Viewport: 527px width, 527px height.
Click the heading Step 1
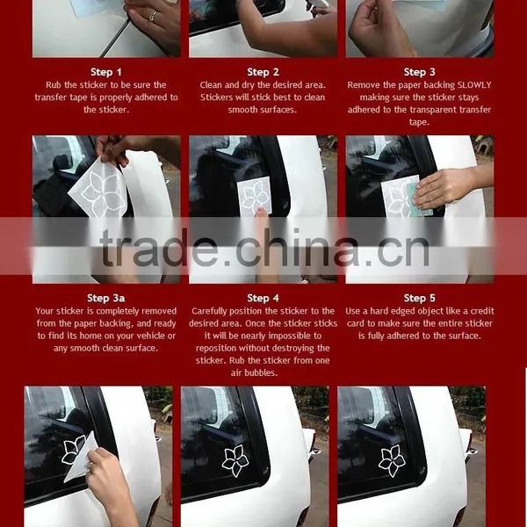click(x=106, y=72)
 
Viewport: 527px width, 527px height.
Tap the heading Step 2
click(x=263, y=72)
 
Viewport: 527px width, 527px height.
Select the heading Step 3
click(x=420, y=72)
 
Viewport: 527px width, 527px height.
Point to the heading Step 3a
click(x=106, y=298)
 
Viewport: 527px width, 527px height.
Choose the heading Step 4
click(x=263, y=298)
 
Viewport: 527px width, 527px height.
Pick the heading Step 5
click(x=420, y=298)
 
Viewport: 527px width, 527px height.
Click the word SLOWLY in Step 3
click(x=474, y=85)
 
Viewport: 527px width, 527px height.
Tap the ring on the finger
click(x=153, y=16)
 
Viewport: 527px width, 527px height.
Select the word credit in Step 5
click(x=482, y=311)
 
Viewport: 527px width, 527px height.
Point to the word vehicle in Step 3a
click(x=146, y=336)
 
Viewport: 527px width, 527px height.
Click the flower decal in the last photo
click(x=392, y=460)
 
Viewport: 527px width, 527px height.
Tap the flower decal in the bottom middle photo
click(x=235, y=460)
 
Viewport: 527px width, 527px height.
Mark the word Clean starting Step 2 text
click(x=211, y=85)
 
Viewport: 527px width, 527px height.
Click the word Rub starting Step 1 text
click(x=54, y=85)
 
